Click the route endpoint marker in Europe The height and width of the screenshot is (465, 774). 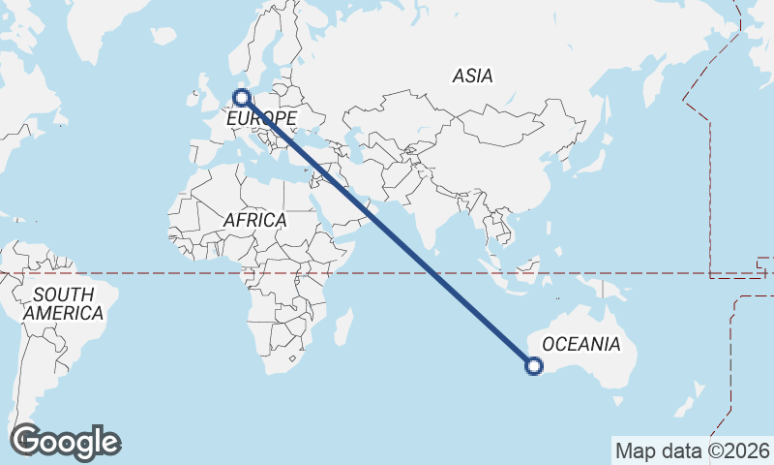pos(243,97)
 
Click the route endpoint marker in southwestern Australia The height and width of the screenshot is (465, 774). pos(533,365)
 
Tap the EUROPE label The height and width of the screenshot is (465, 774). pos(260,118)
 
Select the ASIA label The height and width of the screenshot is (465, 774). pos(473,76)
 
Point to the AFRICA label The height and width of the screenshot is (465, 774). pos(254,220)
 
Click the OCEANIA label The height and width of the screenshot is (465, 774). pos(580,344)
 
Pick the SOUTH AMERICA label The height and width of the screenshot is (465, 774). pos(63,303)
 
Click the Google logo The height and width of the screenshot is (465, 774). pos(65,442)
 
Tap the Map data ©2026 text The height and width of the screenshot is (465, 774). pos(692,450)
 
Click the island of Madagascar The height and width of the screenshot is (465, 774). pos(342,326)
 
